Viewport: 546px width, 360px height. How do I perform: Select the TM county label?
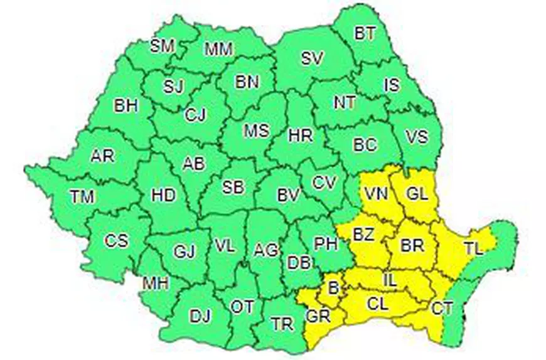(x=82, y=197)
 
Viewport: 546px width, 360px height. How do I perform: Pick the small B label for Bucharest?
(x=333, y=287)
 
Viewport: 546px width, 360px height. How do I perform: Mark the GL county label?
(x=416, y=194)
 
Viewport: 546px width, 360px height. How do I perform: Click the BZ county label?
(x=363, y=235)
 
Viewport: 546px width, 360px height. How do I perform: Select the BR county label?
(x=412, y=245)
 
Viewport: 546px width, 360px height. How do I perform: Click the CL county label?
(x=378, y=304)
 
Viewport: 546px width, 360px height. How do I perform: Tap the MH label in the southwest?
(x=155, y=283)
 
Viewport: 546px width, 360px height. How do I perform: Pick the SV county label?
(x=311, y=59)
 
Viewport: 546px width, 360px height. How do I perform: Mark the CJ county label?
(x=195, y=115)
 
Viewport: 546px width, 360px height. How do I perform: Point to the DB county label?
(x=298, y=263)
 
